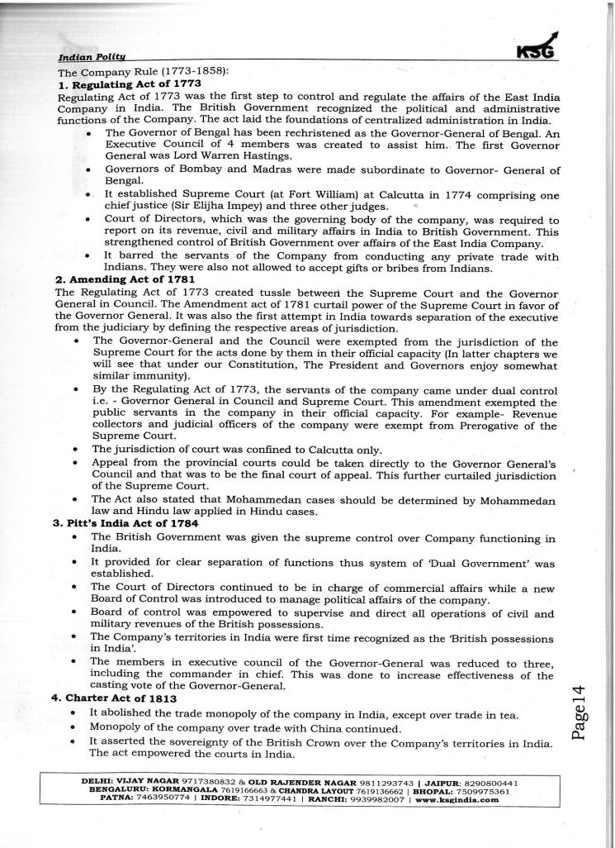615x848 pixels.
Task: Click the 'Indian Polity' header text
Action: click(x=92, y=58)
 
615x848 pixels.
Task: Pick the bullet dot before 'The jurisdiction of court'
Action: click(x=75, y=450)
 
